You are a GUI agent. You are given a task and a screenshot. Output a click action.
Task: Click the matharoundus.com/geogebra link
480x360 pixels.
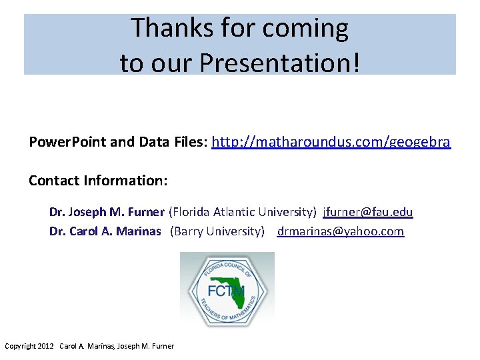click(x=331, y=142)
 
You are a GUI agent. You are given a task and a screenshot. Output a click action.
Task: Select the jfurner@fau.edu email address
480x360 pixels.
click(x=367, y=212)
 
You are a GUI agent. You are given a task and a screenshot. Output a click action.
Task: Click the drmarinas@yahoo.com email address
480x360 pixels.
click(x=341, y=231)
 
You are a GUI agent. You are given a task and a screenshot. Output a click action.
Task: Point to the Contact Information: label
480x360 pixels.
click(x=98, y=181)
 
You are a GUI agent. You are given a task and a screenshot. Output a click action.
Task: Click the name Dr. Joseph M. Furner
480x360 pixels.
click(x=107, y=212)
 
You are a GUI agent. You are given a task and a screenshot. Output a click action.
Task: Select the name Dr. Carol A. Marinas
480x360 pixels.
click(x=105, y=231)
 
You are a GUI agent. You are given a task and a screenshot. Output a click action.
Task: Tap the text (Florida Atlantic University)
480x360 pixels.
click(x=243, y=212)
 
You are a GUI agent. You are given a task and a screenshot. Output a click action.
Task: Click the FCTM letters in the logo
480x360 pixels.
click(x=225, y=291)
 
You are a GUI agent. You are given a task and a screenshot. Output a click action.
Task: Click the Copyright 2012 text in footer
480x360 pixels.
click(x=29, y=346)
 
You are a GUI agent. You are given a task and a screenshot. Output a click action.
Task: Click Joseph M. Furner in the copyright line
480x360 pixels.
click(x=145, y=346)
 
